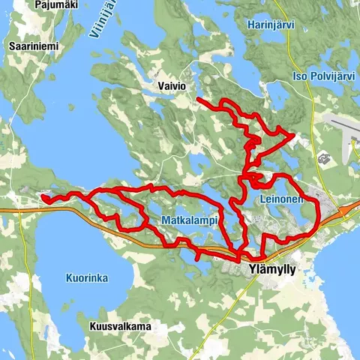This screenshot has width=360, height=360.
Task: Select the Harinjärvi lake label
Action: (x=271, y=25)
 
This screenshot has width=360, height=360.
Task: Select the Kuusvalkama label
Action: (x=120, y=326)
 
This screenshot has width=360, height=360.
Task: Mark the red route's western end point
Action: (x=43, y=199)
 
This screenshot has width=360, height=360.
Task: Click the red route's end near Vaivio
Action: (x=197, y=99)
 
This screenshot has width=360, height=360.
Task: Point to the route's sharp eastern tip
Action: (x=292, y=136)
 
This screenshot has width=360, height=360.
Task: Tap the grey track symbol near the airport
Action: (x=325, y=159)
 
